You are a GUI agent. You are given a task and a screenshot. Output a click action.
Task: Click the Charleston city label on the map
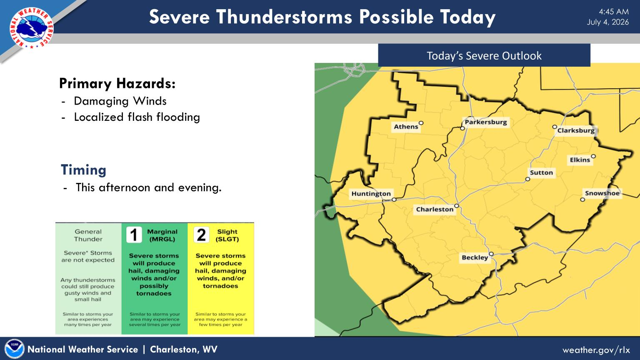click(x=435, y=210)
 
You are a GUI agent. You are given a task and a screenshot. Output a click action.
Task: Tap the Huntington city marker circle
click(x=394, y=200)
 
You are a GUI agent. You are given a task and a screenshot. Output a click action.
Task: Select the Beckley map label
click(x=475, y=257)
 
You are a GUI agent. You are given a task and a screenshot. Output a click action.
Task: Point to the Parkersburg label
click(x=486, y=122)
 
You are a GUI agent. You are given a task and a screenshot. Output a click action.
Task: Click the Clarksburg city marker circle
click(x=555, y=127)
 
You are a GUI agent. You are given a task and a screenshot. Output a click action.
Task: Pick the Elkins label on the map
click(x=580, y=160)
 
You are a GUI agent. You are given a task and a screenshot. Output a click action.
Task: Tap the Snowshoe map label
click(x=602, y=193)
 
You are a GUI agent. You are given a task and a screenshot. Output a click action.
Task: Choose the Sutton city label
click(x=541, y=172)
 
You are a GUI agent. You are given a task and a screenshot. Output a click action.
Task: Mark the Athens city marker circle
click(x=421, y=123)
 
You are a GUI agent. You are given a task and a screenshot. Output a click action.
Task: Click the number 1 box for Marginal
click(x=134, y=235)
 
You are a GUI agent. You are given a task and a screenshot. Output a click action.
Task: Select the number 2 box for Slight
click(x=201, y=235)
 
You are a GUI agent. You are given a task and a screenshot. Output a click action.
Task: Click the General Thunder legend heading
click(x=88, y=235)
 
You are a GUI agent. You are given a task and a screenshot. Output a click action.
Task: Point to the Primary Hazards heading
click(x=117, y=83)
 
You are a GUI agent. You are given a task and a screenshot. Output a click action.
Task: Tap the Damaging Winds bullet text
click(x=120, y=101)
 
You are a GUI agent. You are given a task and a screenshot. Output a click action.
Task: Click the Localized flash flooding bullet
click(x=137, y=117)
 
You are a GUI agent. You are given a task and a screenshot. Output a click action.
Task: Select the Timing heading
click(x=83, y=170)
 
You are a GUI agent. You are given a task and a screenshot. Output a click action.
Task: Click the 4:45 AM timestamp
click(x=614, y=12)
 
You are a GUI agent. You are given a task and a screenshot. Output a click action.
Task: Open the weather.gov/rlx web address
click(x=596, y=350)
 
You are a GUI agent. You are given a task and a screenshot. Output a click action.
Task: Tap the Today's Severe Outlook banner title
click(x=484, y=56)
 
